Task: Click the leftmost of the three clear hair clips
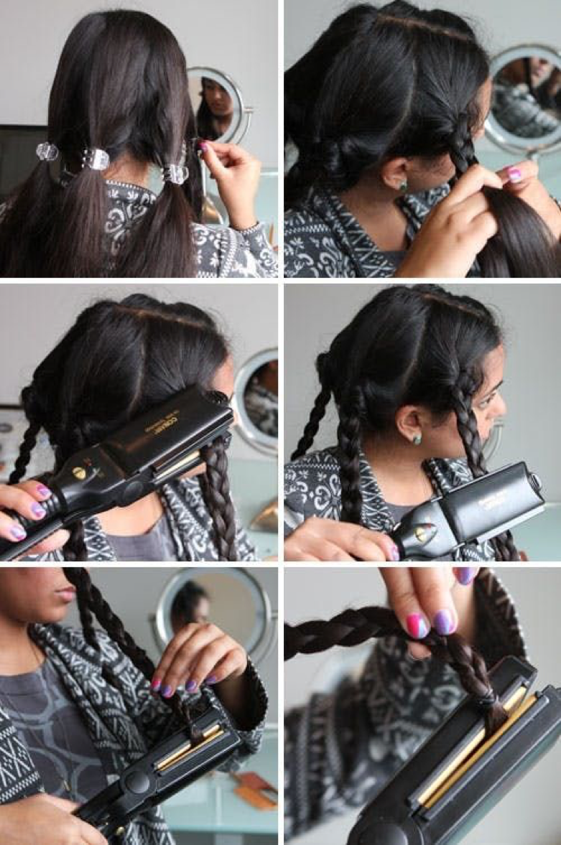[47, 151]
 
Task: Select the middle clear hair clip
[96, 159]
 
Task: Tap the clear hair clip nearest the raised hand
[175, 172]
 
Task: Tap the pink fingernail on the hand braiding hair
[514, 174]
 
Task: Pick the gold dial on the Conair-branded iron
[80, 473]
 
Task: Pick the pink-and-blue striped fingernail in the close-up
[417, 625]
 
